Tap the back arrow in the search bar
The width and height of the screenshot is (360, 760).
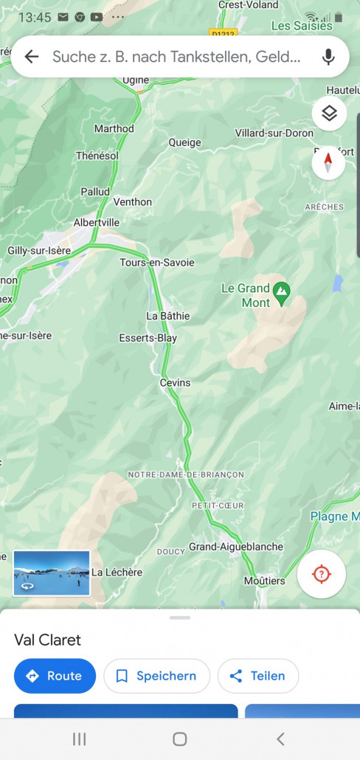click(32, 57)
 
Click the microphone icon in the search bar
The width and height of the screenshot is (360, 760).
click(328, 57)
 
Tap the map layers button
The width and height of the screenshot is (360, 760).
click(329, 114)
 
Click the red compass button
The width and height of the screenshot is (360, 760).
click(328, 162)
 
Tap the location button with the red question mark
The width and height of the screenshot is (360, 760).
click(321, 574)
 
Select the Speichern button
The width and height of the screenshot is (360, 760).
click(156, 676)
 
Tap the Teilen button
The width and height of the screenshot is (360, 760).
click(257, 676)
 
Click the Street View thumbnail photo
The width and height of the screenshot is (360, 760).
click(52, 573)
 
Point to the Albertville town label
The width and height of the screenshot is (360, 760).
click(97, 222)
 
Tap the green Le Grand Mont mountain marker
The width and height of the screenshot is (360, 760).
click(281, 293)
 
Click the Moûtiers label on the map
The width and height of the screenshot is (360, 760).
click(265, 581)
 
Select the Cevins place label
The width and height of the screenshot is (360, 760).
click(175, 383)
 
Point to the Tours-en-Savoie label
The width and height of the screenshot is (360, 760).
click(157, 263)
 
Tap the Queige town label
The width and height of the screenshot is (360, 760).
click(184, 143)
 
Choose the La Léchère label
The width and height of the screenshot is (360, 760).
click(117, 572)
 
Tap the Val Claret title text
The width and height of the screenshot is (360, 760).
click(48, 640)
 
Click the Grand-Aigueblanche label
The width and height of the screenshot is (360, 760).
click(235, 547)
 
